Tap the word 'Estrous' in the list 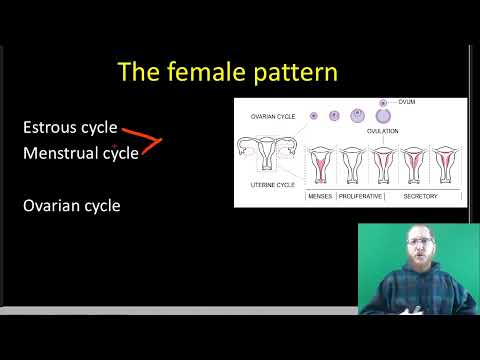(x=55, y=128)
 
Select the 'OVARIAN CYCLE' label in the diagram (x=272, y=117)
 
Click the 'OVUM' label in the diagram (x=406, y=102)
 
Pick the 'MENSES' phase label (x=319, y=196)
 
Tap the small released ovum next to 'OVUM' (x=383, y=102)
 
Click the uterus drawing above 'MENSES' (x=320, y=165)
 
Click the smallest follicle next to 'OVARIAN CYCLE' (x=314, y=116)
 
